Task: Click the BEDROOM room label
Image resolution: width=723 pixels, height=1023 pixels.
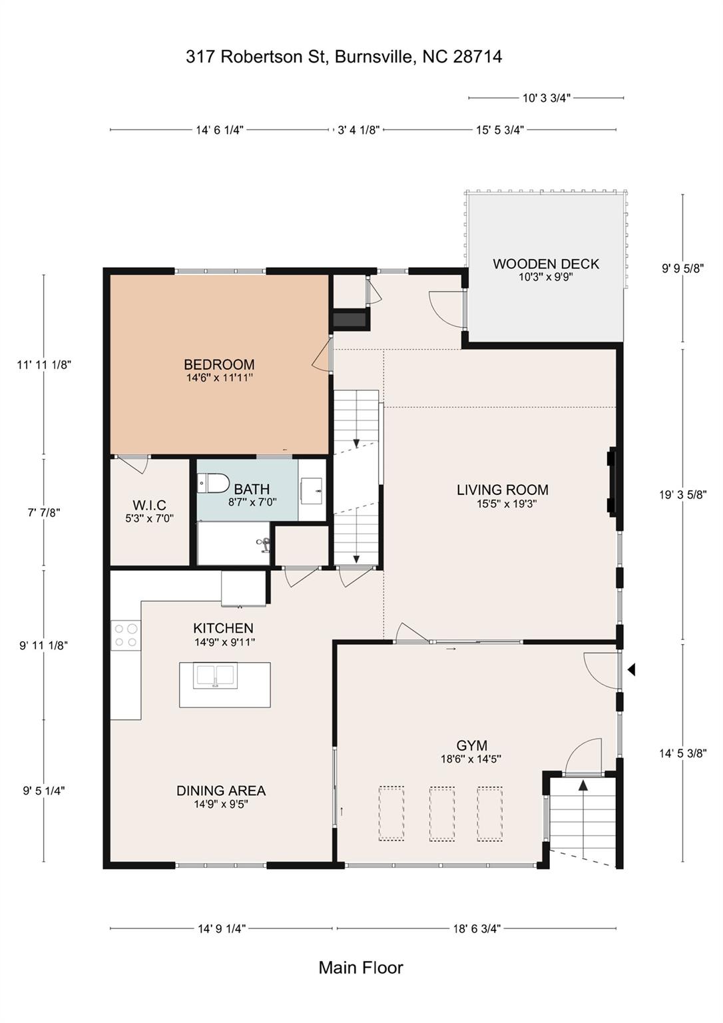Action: pyautogui.click(x=219, y=364)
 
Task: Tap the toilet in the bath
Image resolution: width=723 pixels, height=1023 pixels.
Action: pyautogui.click(x=213, y=482)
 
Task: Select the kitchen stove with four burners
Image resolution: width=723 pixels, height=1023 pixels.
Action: pyautogui.click(x=125, y=635)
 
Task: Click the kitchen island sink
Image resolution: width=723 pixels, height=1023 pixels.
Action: pyautogui.click(x=215, y=676)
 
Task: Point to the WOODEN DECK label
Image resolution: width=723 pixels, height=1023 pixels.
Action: pyautogui.click(x=546, y=264)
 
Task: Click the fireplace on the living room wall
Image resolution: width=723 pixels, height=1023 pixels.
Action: pyautogui.click(x=612, y=483)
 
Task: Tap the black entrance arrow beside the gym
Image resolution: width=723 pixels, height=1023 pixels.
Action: pyautogui.click(x=631, y=669)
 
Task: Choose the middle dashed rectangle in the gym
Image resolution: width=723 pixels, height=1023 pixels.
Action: pyautogui.click(x=442, y=814)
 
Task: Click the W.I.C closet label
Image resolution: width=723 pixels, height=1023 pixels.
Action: pyautogui.click(x=149, y=506)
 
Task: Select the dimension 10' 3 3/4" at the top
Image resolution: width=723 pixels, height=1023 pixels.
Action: pyautogui.click(x=546, y=98)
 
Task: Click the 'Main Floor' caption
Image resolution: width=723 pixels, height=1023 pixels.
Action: pyautogui.click(x=361, y=968)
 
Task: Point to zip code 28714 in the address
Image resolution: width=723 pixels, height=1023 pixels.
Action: pyautogui.click(x=477, y=57)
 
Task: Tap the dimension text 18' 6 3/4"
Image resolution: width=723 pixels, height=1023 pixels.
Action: pyautogui.click(x=477, y=928)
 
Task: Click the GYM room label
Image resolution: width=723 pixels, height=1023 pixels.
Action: pyautogui.click(x=471, y=745)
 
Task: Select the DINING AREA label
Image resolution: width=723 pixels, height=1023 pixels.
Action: pyautogui.click(x=221, y=791)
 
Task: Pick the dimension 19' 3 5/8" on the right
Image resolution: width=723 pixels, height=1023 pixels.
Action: pyautogui.click(x=682, y=495)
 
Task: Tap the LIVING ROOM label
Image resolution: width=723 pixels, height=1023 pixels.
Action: pyautogui.click(x=503, y=490)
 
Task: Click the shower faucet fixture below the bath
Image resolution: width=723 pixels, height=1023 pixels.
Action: pyautogui.click(x=264, y=545)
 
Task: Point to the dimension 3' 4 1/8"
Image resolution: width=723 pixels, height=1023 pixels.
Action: pyautogui.click(x=358, y=130)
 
